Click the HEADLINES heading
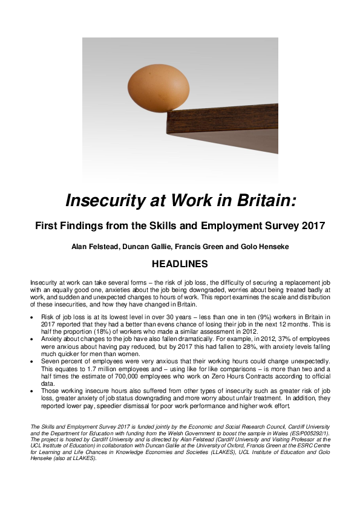click(x=180, y=264)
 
